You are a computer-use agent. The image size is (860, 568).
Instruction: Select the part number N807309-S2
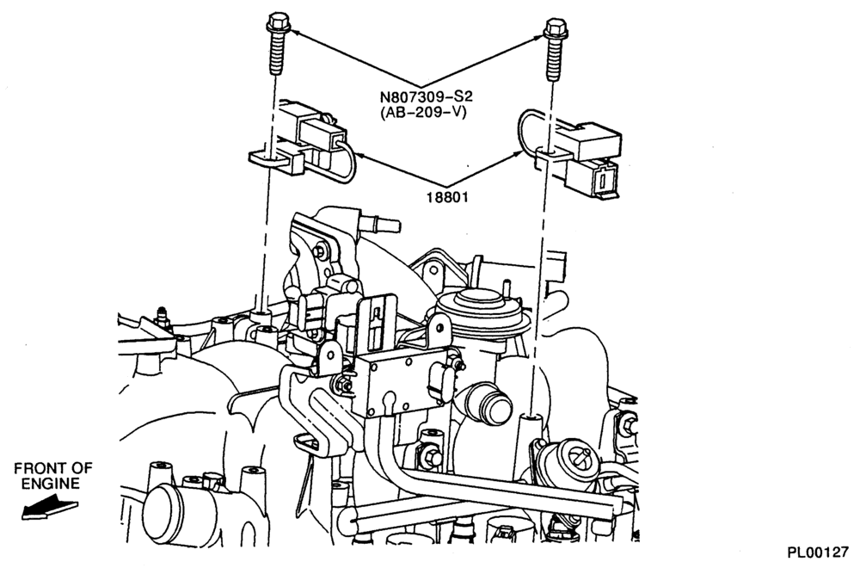point(427,97)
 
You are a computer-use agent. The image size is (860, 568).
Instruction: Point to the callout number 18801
point(447,196)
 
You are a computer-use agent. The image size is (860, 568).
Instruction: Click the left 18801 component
point(299,142)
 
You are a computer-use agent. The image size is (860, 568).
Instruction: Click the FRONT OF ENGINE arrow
point(48,507)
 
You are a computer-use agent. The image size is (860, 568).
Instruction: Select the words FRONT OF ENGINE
point(52,475)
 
